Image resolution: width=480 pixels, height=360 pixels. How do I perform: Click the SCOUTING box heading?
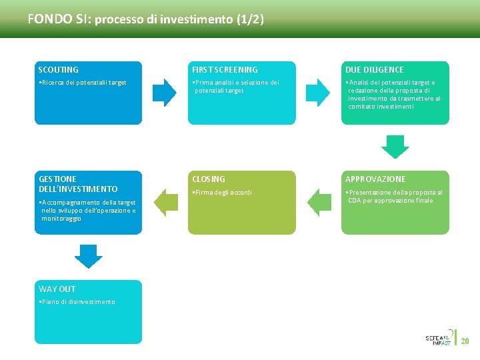59,69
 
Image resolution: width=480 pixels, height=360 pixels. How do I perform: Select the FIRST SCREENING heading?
225,69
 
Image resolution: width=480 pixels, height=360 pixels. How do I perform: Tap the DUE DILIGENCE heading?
374,69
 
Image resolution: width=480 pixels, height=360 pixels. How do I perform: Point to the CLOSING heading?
209,179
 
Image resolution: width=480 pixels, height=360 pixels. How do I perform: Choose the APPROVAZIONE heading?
375,179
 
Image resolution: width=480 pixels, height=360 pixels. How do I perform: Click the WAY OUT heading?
57,289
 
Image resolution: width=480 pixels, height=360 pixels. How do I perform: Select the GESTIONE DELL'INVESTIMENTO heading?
78,184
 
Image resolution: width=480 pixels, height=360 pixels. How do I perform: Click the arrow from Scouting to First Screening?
165,93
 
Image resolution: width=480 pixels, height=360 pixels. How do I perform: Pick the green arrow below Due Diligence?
395,146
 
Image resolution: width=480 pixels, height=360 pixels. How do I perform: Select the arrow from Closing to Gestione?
165,203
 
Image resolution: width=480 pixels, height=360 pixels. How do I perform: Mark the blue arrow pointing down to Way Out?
88,256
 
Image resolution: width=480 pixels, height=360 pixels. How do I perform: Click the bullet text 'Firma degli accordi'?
222,193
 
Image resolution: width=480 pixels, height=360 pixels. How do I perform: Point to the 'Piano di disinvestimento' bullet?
77,302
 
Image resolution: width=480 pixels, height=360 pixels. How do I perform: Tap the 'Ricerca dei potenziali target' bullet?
83,83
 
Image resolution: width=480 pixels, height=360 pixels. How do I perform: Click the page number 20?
465,341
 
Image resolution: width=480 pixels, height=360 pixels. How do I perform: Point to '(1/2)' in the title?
250,19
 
